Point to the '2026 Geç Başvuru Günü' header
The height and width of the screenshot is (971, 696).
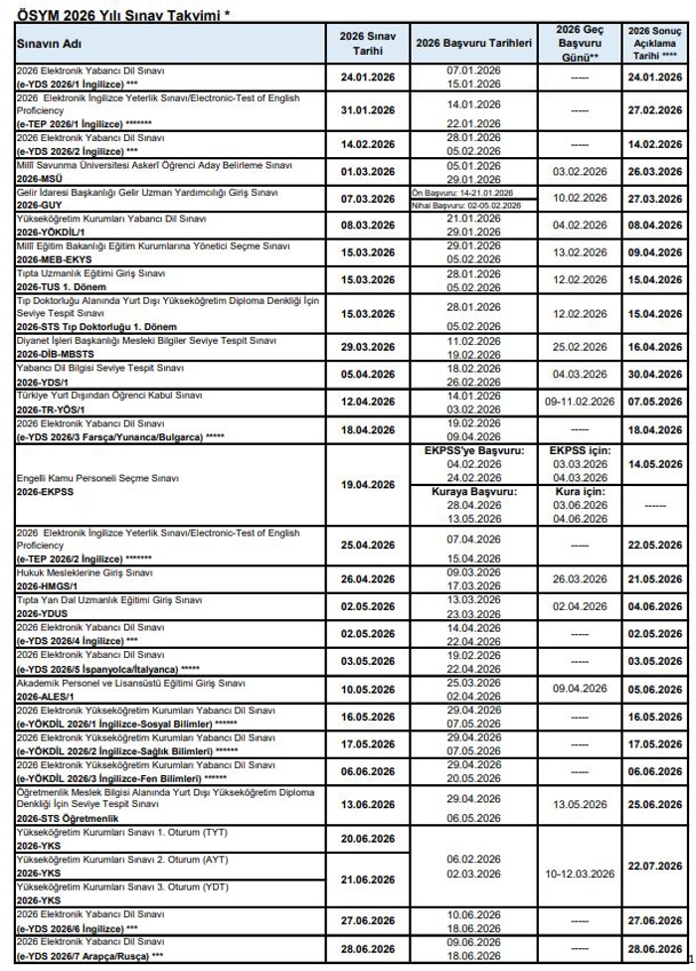click(582, 44)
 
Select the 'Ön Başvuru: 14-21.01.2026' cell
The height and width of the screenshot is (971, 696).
click(462, 192)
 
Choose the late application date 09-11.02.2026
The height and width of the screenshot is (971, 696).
click(582, 402)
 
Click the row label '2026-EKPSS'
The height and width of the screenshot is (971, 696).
click(44, 490)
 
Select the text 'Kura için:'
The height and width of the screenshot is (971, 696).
click(582, 491)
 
